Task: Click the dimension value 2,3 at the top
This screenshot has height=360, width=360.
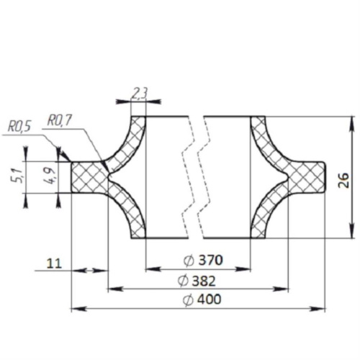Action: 140,92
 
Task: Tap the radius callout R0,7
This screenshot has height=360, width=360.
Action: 58,120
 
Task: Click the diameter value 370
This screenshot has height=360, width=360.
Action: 207,260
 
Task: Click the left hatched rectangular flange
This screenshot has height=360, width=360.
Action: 89,177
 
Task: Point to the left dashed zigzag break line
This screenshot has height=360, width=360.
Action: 191,177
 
